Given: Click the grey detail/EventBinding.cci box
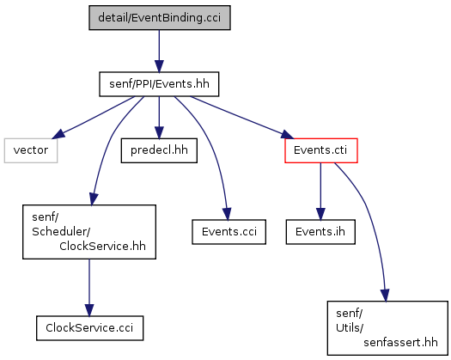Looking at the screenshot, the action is (160, 17).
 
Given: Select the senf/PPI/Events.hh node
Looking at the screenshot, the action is (159, 84).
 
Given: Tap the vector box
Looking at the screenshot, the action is (31, 150).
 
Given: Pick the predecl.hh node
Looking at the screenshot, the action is (159, 150).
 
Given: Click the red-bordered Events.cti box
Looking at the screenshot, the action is (321, 150).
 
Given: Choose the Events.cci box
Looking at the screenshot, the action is (229, 232).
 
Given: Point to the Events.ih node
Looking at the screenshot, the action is (320, 232).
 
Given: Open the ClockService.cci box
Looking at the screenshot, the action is (89, 328).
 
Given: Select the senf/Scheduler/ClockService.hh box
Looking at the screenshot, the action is (89, 232).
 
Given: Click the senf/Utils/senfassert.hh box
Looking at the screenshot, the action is (387, 328).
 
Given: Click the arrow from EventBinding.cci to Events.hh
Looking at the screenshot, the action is (159, 51).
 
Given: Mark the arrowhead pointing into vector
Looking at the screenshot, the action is (58, 134).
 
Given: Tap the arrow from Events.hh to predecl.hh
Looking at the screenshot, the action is (159, 118).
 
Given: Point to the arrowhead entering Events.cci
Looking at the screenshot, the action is (227, 215).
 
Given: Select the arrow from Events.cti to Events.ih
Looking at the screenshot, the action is (320, 192).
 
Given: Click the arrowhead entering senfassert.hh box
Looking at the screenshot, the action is (385, 296).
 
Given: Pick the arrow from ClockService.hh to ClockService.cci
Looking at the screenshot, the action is (89, 288).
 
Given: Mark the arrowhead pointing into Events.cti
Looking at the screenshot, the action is (288, 135).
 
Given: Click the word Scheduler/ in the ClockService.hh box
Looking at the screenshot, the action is (61, 232).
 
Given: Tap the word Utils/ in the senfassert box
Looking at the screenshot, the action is (350, 327).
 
